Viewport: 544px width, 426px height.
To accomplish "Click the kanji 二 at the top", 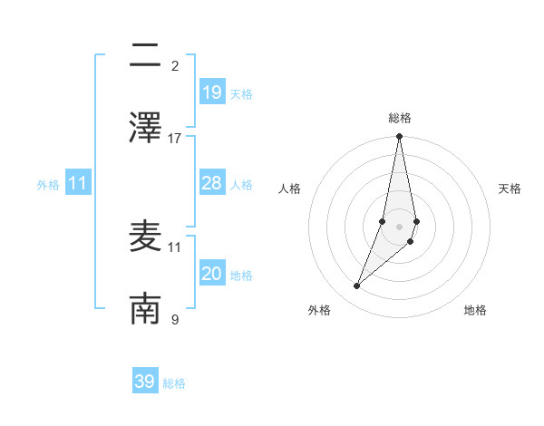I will [x=145, y=55].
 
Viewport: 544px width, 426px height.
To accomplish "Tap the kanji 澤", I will [x=145, y=128].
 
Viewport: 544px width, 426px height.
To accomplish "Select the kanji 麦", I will [x=145, y=237].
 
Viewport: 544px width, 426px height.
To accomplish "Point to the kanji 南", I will [x=145, y=309].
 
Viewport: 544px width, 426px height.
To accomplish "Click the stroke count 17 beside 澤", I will [x=175, y=138].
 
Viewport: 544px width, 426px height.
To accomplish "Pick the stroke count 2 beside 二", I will [x=175, y=65].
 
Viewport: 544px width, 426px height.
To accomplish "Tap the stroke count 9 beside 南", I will [x=175, y=319].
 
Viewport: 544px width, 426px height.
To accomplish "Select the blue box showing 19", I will [x=211, y=92].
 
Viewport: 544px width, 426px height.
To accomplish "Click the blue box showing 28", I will [x=211, y=183].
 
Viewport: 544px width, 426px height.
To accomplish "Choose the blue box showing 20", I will [x=211, y=274].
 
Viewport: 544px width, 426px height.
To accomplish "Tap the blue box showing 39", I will [x=145, y=382].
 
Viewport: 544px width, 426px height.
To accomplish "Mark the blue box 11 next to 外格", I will [x=78, y=183].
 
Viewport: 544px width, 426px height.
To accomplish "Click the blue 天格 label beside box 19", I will [x=240, y=93].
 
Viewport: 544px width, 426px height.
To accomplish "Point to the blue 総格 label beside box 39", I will [x=174, y=383].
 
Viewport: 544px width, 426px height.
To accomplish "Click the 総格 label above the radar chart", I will [x=400, y=118].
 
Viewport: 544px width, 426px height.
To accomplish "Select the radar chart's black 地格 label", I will [x=475, y=311].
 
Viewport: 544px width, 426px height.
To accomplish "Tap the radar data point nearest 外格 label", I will [x=356, y=286].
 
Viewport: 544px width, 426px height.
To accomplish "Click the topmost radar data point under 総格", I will [x=399, y=137].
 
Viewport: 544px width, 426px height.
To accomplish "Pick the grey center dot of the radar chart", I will [x=399, y=227].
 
